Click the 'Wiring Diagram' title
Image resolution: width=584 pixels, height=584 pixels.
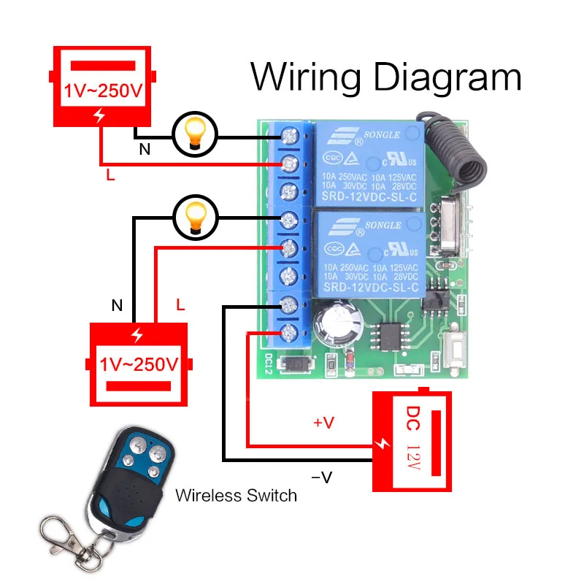386,77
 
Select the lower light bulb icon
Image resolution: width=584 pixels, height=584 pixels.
194,216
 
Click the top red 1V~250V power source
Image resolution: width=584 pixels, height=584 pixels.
103,87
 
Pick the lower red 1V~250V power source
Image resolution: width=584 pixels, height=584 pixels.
138,362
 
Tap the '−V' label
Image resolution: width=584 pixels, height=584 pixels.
321,477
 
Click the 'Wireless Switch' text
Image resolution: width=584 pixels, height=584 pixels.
236,496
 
